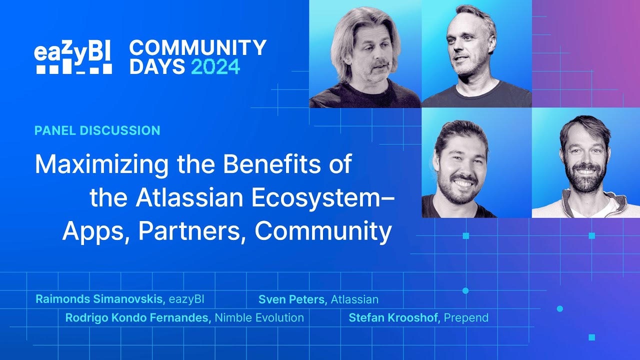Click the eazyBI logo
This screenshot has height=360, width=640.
coord(73,57)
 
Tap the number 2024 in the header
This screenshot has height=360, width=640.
coord(215,66)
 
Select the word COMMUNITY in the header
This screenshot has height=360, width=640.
coord(198,47)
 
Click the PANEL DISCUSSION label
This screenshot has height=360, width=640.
coord(97,131)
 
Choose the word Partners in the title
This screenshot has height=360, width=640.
coord(189,231)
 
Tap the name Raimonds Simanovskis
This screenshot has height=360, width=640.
coord(100,299)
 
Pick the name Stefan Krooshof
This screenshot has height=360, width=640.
coord(394,317)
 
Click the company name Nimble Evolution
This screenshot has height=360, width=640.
coord(259,317)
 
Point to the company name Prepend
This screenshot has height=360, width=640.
coord(466,317)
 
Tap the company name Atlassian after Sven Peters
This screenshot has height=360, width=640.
coord(354,299)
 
